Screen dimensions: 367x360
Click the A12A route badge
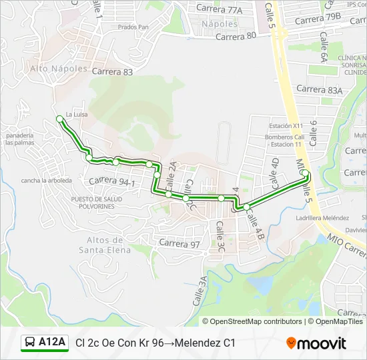tap(45, 343)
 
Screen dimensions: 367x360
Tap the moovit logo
tap(316, 343)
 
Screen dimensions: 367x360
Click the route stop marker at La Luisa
tap(60, 119)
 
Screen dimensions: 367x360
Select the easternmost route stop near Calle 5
tap(305, 173)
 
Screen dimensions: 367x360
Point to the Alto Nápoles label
tap(59, 69)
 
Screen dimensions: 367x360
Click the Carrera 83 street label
tap(113, 71)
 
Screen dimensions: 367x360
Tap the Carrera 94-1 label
tap(111, 181)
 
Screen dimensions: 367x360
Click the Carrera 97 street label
tap(179, 244)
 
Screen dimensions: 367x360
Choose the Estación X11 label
tap(286, 126)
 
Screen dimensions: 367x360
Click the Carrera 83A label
tap(319, 89)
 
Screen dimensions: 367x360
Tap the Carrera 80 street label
tap(236, 37)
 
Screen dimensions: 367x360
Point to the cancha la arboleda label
tap(46, 180)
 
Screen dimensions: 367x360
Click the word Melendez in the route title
tap(195, 343)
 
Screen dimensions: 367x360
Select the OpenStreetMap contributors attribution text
tap(257, 321)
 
